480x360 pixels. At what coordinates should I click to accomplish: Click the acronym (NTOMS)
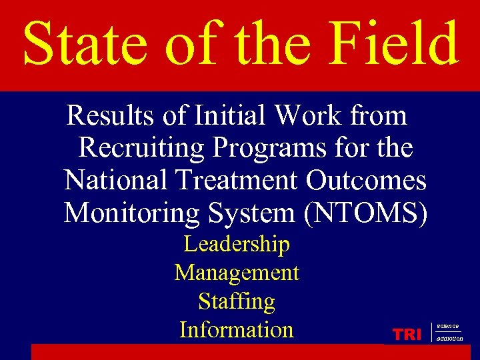[x=368, y=213]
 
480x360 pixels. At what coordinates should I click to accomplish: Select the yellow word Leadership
[x=237, y=245]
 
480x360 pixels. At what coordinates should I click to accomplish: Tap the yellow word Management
[x=237, y=273]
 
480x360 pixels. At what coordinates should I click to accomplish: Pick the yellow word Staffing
[x=237, y=302]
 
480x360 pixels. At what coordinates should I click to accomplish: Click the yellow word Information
[x=237, y=330]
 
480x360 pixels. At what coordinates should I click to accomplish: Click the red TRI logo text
[x=407, y=335]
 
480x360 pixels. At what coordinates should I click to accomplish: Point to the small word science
[x=448, y=326]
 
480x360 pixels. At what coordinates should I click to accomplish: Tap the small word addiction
[x=450, y=339]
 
